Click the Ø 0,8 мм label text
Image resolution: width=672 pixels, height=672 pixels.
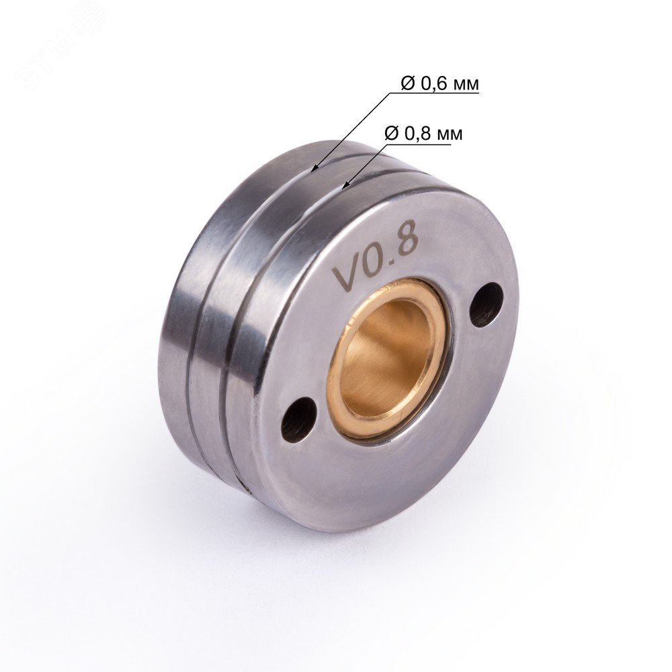click(x=424, y=134)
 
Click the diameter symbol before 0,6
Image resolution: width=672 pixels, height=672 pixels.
click(x=409, y=84)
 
